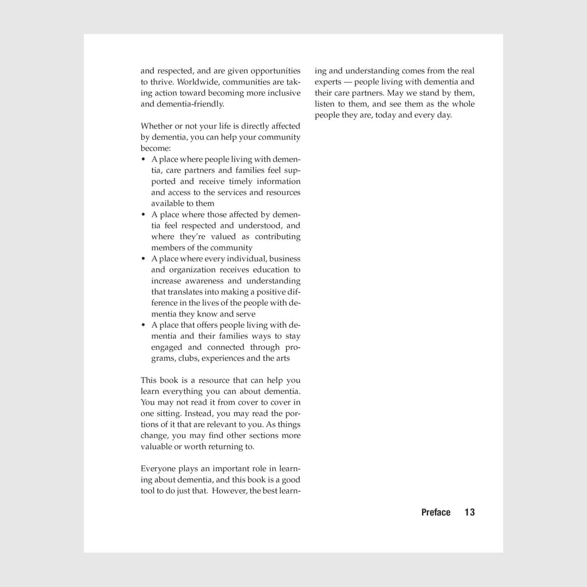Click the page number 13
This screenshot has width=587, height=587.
point(469,512)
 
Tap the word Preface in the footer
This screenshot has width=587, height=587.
point(436,512)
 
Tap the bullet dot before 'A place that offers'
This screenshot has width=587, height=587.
point(143,325)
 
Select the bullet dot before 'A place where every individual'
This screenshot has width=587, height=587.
point(143,259)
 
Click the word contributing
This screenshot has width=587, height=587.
point(278,236)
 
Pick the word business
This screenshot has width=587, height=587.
point(285,259)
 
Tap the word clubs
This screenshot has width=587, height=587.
point(188,358)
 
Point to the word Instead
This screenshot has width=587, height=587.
point(199,413)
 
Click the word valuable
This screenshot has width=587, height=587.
point(156,447)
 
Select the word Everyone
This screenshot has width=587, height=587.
point(158,469)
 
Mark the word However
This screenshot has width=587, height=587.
point(229,491)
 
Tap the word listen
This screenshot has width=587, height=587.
point(325,104)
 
